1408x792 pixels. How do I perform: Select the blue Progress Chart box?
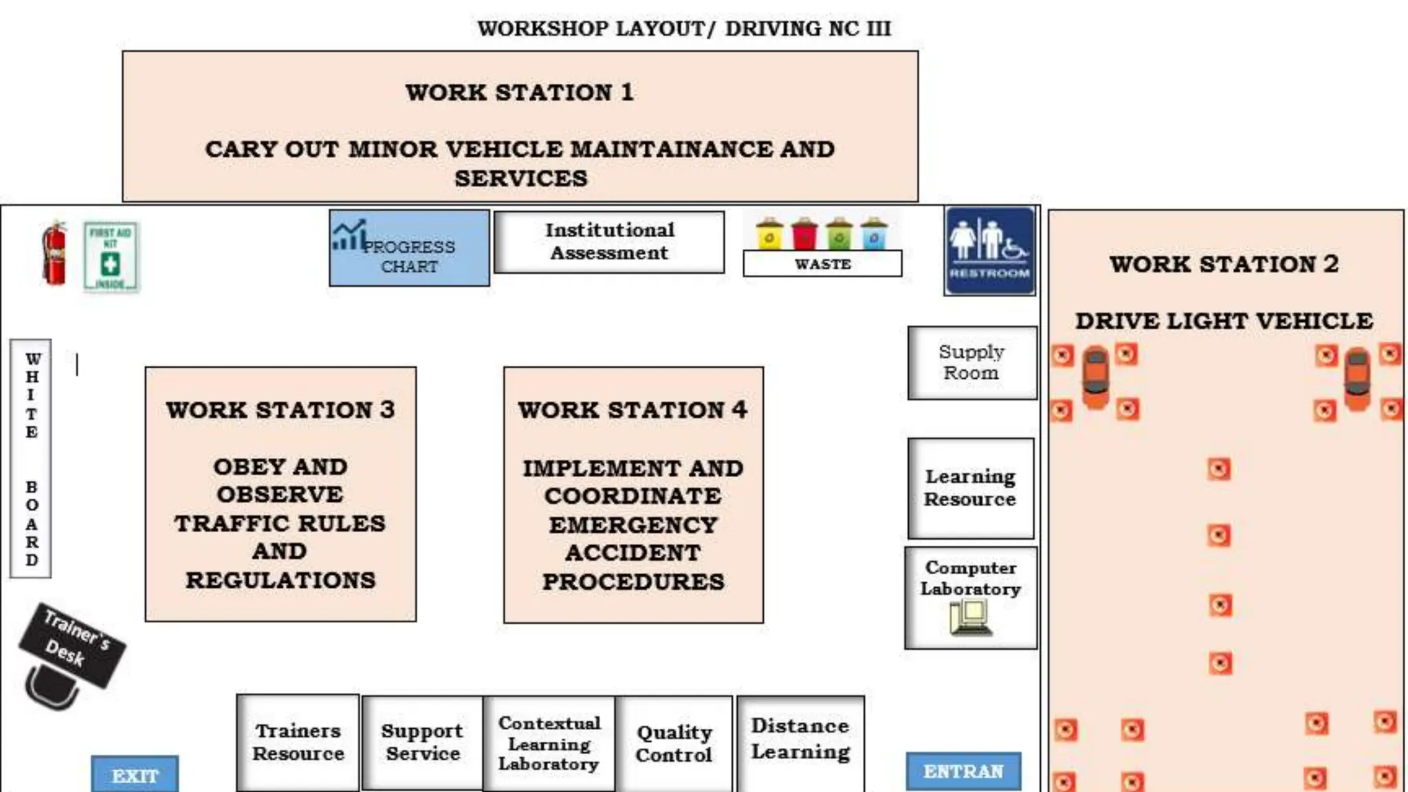point(409,248)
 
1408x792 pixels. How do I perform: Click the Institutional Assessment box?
point(609,242)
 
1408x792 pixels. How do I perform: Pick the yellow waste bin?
point(769,234)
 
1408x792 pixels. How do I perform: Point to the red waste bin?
point(804,234)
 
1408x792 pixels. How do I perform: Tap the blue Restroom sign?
point(990,252)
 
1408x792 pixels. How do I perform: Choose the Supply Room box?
point(971,362)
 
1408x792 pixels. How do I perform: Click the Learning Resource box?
point(970,488)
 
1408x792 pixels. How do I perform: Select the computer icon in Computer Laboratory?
point(970,617)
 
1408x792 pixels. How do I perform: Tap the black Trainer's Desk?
point(71,646)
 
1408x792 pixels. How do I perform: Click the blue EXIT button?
point(135,775)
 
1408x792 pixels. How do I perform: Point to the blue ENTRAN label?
point(963,771)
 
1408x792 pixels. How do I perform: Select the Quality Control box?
point(674,743)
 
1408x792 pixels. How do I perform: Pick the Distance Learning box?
point(800,740)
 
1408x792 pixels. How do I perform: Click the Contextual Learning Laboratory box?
point(549,743)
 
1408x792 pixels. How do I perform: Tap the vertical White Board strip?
point(31,459)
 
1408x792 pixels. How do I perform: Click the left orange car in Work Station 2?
point(1095,377)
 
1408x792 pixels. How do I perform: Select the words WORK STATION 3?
point(280,410)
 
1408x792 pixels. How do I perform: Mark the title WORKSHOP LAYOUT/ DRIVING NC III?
point(684,29)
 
